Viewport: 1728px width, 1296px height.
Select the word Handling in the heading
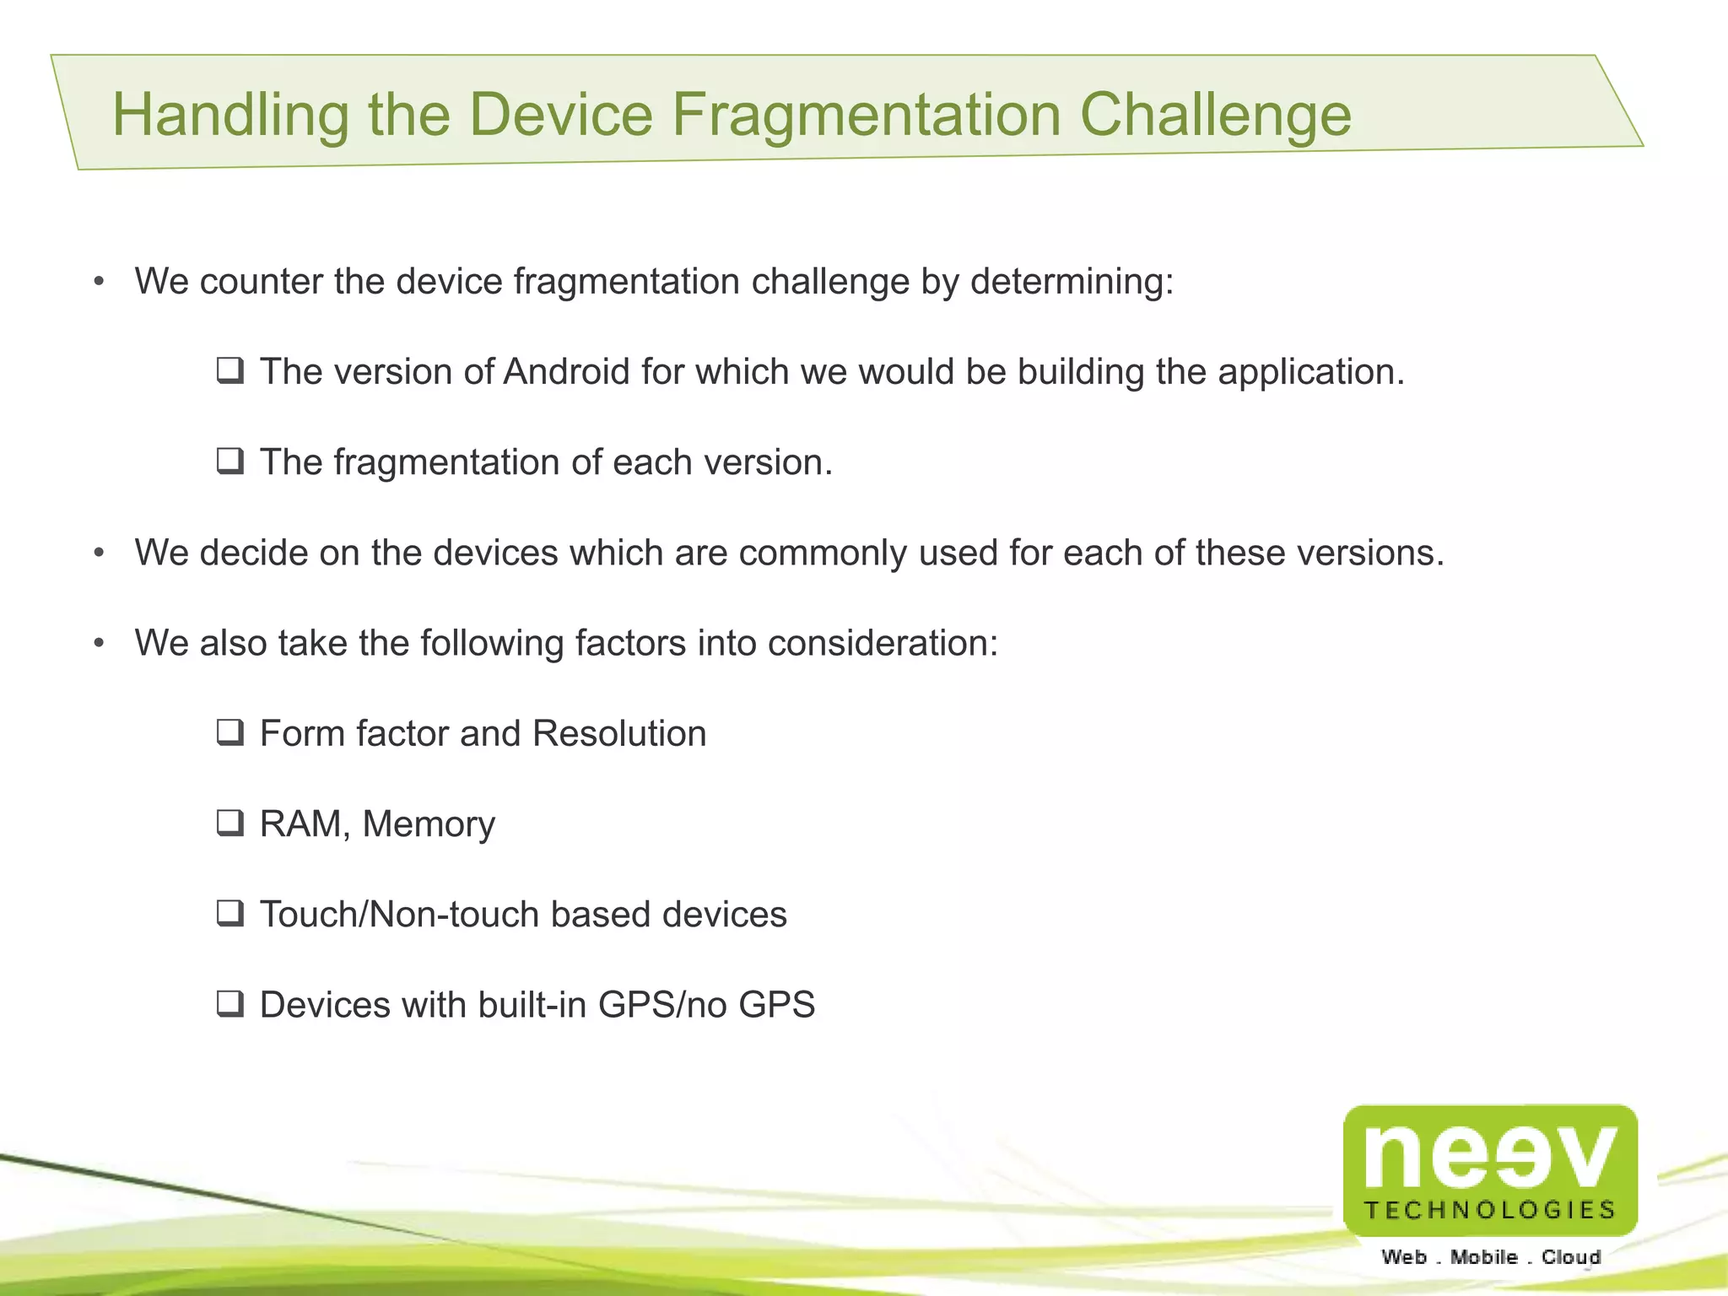(230, 115)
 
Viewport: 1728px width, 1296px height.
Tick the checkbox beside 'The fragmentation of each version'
(229, 462)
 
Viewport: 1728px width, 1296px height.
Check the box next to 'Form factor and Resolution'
(229, 732)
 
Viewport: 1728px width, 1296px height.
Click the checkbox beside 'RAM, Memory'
(229, 823)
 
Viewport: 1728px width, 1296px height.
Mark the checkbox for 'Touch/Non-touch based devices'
(229, 913)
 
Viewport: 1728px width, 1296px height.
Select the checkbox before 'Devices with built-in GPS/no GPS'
(229, 1004)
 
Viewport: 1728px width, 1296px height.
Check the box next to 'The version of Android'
(229, 371)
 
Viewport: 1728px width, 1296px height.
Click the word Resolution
(619, 733)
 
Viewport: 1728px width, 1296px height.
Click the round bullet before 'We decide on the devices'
(100, 553)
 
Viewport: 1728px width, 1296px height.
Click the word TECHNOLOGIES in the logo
(1490, 1210)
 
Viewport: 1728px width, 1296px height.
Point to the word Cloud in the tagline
(1571, 1257)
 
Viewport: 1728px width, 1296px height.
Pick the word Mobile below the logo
(1484, 1257)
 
